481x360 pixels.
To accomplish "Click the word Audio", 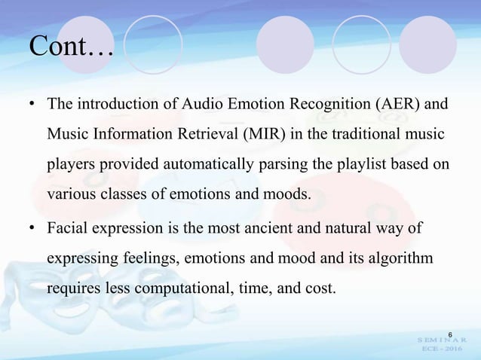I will point(201,103).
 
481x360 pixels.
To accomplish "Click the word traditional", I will point(368,133).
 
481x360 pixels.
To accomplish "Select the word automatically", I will point(185,163).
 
